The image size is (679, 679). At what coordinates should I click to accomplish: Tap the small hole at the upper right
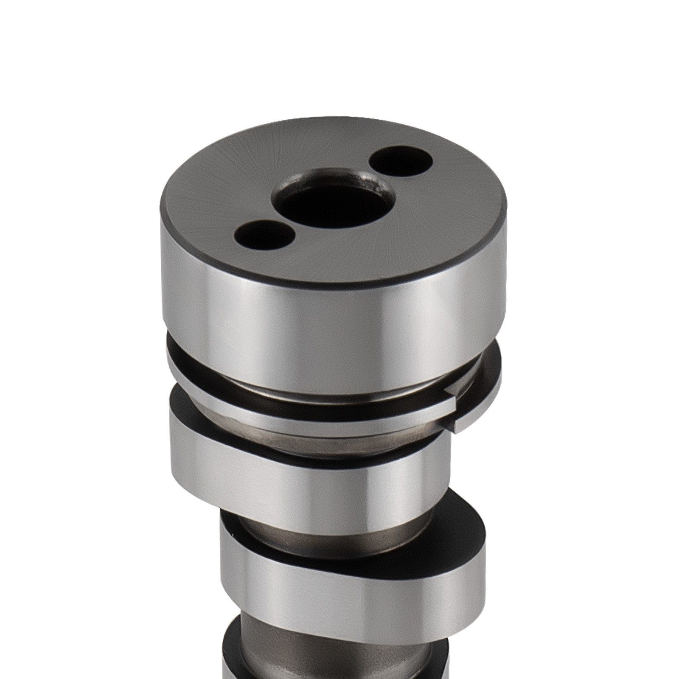pos(401,163)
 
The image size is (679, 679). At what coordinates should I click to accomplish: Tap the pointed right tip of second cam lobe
pos(482,543)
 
